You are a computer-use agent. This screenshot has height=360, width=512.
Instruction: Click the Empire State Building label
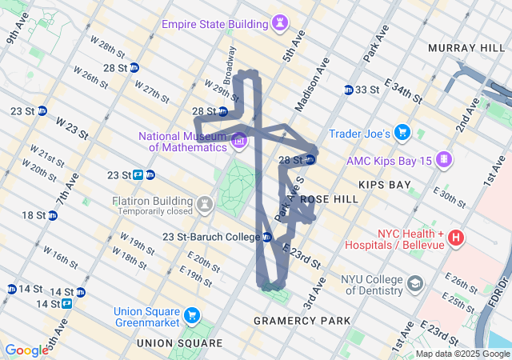(x=214, y=24)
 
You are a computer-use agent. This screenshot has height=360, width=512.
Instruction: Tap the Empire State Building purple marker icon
(x=280, y=22)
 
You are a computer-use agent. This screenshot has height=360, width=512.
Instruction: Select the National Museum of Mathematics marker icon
(x=238, y=142)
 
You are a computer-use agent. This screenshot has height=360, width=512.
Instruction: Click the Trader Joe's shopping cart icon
(x=402, y=132)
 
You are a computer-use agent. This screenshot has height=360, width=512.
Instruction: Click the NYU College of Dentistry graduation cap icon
(x=415, y=284)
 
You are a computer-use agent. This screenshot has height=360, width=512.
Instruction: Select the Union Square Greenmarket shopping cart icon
(x=191, y=316)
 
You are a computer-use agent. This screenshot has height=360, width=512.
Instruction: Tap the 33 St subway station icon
(x=349, y=90)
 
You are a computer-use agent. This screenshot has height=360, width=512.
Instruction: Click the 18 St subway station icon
(x=52, y=215)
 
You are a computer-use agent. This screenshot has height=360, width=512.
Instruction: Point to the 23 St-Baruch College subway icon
(x=267, y=237)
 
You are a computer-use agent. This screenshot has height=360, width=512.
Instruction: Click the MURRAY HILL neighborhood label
(x=466, y=49)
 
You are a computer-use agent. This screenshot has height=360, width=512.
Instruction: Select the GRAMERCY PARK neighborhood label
(x=302, y=321)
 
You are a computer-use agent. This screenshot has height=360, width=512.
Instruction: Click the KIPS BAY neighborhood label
(x=384, y=185)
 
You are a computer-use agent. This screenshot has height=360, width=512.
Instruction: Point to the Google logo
(x=26, y=350)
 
